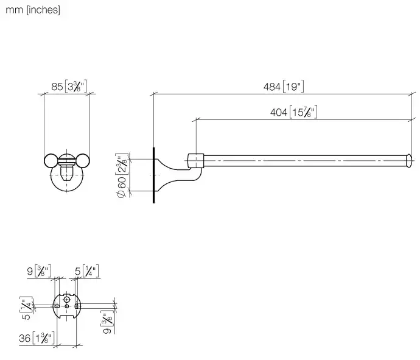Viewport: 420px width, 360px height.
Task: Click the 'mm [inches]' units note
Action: click(33, 10)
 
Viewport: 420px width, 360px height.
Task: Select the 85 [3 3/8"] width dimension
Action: click(69, 86)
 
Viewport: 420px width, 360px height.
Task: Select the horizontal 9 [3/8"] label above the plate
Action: click(40, 271)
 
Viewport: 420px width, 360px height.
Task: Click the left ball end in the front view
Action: click(51, 161)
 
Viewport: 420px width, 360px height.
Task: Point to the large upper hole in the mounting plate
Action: click(67, 299)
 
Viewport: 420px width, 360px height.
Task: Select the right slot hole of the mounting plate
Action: click(75, 306)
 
